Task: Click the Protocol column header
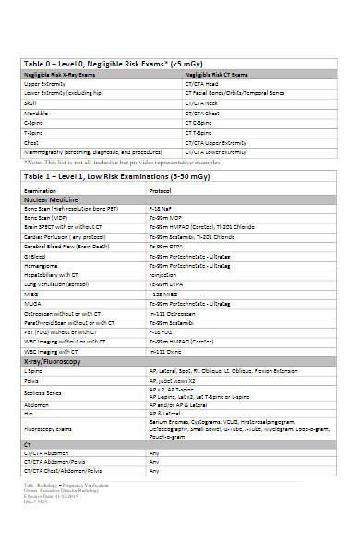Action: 161,190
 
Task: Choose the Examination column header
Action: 41,190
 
